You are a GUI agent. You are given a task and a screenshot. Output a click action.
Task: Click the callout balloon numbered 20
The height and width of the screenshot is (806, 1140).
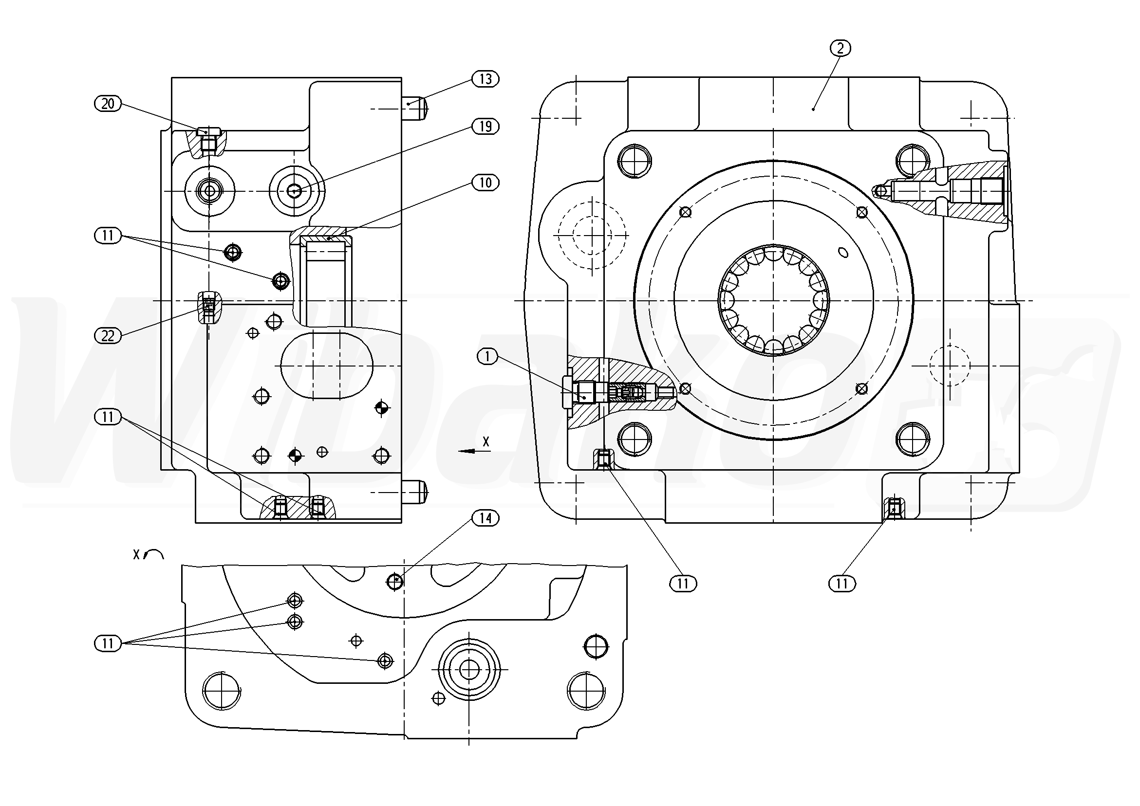click(x=108, y=104)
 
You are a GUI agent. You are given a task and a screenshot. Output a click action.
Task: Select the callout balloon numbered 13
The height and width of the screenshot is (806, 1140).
click(x=485, y=79)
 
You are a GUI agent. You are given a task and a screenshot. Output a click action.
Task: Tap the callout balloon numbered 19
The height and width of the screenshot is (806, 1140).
click(x=485, y=127)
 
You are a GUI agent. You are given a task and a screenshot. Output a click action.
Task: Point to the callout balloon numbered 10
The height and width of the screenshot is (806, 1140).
click(x=485, y=183)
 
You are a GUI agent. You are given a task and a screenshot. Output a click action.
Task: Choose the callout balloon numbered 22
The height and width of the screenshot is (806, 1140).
click(x=108, y=336)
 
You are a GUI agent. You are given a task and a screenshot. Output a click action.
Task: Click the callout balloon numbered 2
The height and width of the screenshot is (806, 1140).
click(x=840, y=48)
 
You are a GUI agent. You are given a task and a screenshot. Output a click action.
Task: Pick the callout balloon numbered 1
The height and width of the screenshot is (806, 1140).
click(x=487, y=356)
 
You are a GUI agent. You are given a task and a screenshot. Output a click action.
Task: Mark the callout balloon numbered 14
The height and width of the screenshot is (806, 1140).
click(x=485, y=518)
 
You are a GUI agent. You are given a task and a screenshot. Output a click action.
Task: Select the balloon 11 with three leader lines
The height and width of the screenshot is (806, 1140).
click(x=108, y=644)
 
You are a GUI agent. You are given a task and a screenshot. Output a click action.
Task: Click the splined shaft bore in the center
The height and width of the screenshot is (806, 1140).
click(x=774, y=300)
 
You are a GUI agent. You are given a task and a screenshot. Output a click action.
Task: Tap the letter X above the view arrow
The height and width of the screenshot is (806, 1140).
click(x=486, y=441)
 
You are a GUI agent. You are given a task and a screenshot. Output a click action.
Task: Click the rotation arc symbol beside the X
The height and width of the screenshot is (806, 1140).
click(x=154, y=554)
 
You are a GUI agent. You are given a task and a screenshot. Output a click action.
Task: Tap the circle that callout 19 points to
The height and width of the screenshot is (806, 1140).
click(x=296, y=191)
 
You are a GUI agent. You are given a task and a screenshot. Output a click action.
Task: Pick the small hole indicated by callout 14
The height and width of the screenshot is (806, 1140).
click(x=395, y=581)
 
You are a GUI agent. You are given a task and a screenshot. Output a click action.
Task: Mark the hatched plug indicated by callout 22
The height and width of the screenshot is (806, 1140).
click(x=209, y=308)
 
